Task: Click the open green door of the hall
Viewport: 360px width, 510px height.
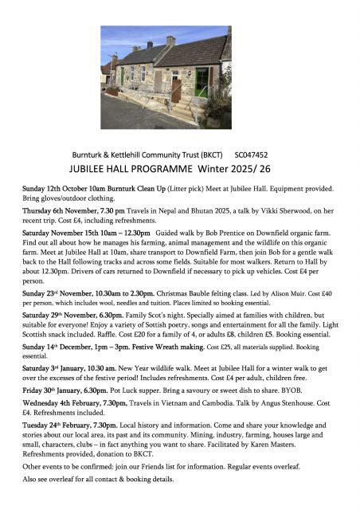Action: (202, 80)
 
